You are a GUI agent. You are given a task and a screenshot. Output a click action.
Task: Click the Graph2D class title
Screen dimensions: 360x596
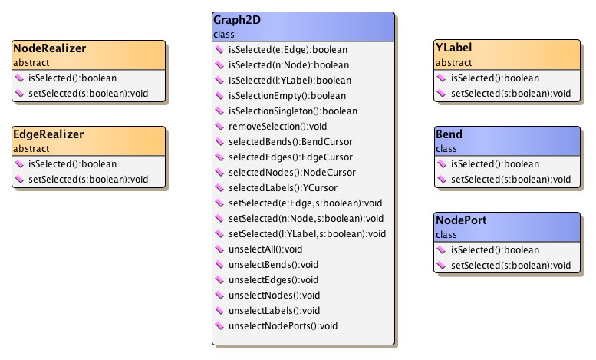[239, 20]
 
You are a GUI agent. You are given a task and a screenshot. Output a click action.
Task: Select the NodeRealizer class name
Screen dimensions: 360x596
[49, 48]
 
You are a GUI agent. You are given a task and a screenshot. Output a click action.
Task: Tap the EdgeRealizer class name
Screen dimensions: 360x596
[48, 134]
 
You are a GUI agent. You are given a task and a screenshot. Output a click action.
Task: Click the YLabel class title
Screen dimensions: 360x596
[454, 48]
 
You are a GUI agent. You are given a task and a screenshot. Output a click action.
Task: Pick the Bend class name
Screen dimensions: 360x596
[449, 134]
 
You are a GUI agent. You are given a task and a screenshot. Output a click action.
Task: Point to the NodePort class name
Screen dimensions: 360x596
[460, 220]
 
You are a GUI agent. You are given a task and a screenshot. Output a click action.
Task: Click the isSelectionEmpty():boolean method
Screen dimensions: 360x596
[287, 96]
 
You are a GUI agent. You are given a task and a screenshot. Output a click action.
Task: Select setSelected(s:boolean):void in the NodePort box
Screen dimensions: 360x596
[511, 266]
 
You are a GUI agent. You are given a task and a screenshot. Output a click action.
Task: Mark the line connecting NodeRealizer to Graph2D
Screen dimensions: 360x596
[189, 71]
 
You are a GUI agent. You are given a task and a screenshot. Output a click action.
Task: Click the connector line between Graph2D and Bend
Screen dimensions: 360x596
[414, 157]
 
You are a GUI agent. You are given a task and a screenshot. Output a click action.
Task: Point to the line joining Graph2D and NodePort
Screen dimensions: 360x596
[414, 243]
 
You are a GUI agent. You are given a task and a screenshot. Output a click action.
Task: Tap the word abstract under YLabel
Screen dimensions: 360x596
[453, 62]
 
